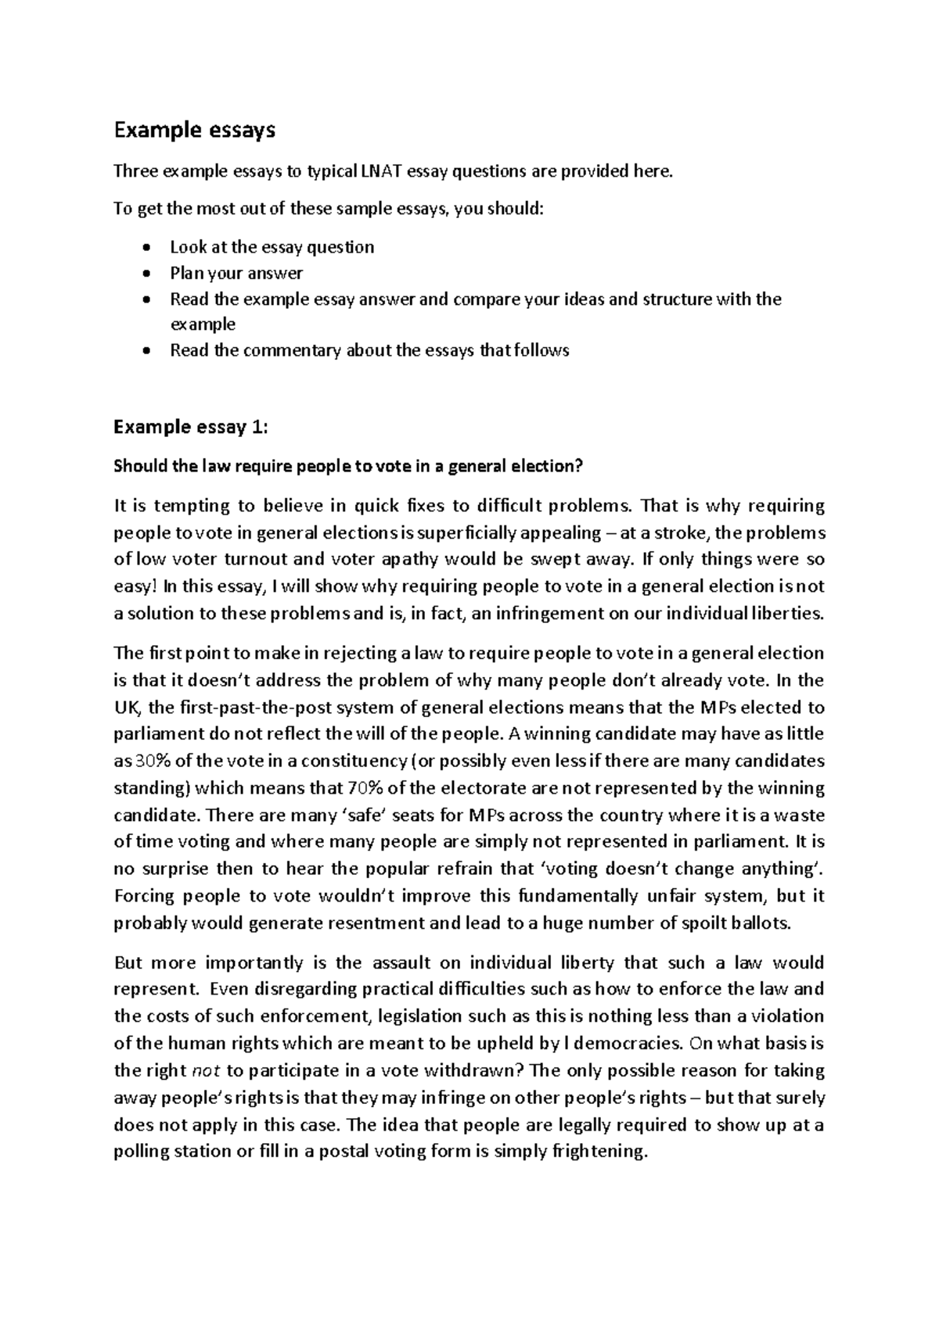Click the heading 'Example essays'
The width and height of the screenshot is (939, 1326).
pyautogui.click(x=194, y=131)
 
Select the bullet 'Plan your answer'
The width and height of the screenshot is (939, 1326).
pyautogui.click(x=236, y=274)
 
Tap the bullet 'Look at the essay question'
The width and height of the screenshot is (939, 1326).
pyautogui.click(x=272, y=247)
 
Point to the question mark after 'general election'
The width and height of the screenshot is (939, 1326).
pyautogui.click(x=579, y=467)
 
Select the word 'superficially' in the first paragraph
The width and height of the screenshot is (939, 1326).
pyautogui.click(x=462, y=533)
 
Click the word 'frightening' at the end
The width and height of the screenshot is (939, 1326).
pyautogui.click(x=600, y=1152)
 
